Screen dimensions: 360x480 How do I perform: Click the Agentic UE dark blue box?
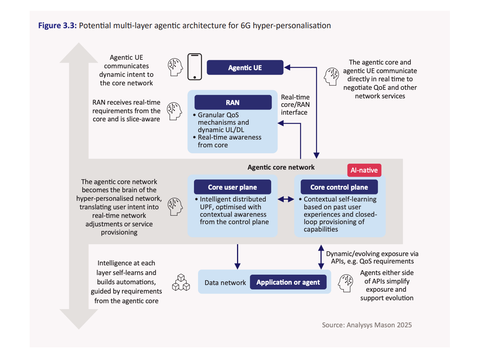pos(245,68)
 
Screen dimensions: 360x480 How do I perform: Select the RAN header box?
pos(233,102)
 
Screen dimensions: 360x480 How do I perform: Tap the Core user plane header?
pos(232,187)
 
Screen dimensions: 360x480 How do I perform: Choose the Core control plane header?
pos(339,187)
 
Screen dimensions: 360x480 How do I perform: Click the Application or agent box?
pos(288,282)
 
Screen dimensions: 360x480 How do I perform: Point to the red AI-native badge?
pos(364,170)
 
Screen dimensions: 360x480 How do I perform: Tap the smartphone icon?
pos(195,67)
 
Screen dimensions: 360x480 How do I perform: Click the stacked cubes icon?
pos(181,283)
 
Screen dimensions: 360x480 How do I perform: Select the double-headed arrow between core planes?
pos(286,199)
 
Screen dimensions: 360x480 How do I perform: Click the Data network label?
pos(225,283)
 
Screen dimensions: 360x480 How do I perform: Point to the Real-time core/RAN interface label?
pos(295,105)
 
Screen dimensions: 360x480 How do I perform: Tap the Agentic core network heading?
pos(281,167)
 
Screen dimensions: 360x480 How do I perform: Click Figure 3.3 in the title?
pos(57,26)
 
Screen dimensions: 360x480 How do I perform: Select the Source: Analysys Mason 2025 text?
pos(366,325)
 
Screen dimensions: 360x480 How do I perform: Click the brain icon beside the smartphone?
pos(175,67)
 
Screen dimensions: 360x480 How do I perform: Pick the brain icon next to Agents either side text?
pos(346,283)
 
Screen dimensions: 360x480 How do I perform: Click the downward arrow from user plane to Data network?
pos(237,256)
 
